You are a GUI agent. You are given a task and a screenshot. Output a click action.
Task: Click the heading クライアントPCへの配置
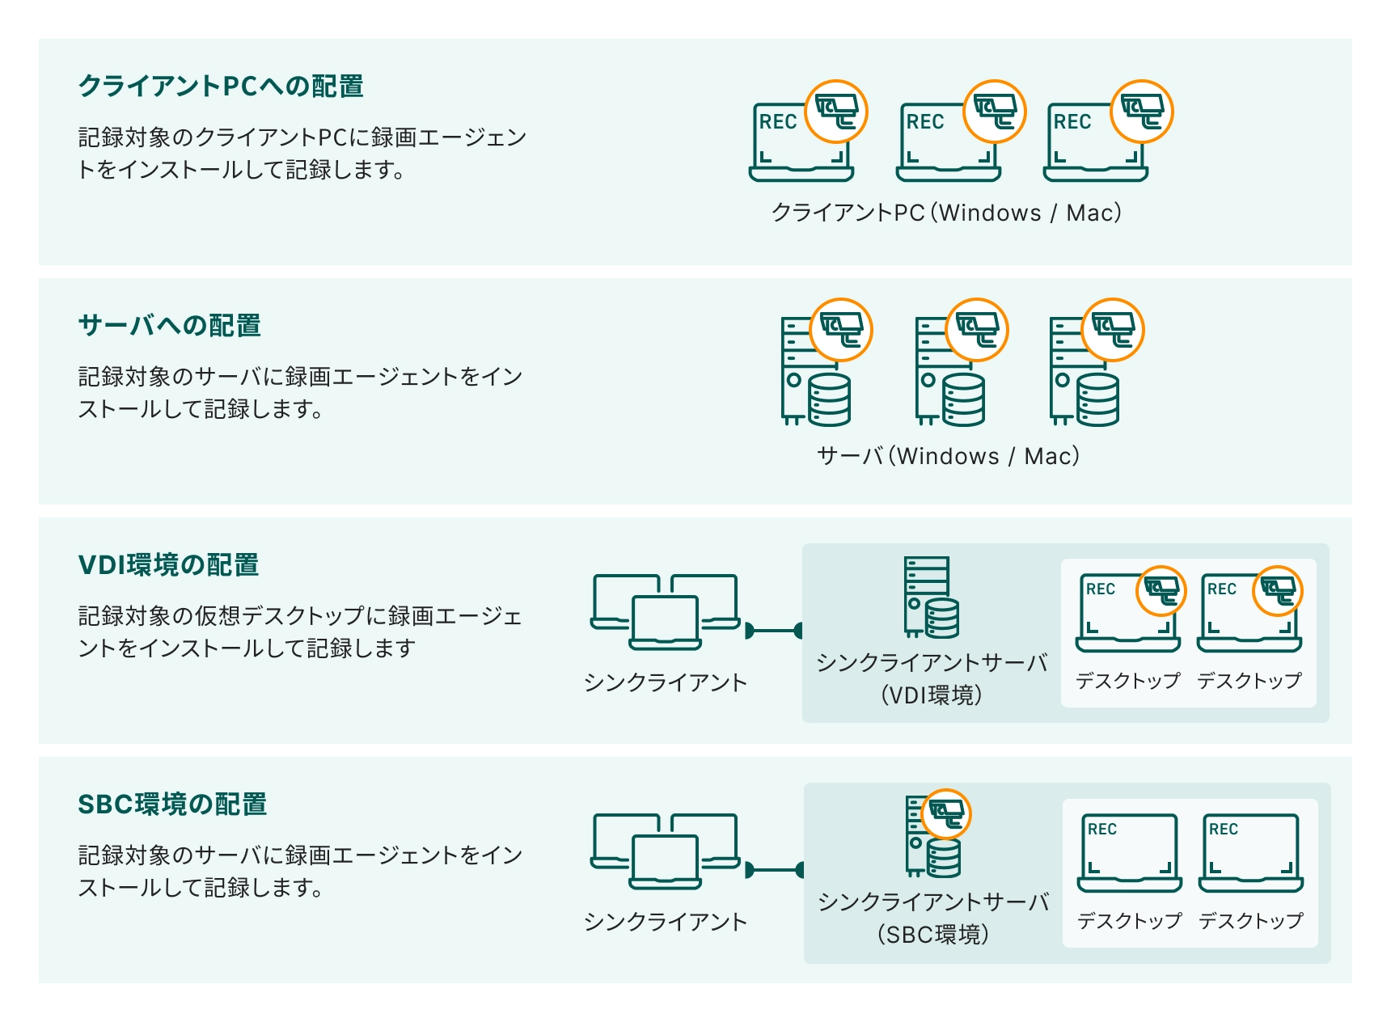[221, 86]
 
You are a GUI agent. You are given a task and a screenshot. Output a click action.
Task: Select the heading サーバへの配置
[170, 325]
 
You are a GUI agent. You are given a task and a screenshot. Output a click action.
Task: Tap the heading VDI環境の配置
[168, 564]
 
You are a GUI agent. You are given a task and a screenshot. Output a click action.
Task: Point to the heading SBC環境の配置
[172, 804]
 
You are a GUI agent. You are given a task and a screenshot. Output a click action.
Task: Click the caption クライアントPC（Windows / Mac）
[946, 213]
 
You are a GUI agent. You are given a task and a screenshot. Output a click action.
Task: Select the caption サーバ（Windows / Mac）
[948, 456]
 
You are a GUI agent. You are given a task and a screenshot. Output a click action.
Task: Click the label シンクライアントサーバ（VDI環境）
[932, 678]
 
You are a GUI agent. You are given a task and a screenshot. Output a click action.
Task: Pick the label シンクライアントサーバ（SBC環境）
[933, 918]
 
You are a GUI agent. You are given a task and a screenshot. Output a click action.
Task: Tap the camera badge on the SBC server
[945, 813]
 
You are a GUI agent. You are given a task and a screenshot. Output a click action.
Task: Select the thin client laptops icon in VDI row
[665, 612]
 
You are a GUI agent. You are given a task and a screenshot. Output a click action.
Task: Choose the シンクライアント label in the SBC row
[665, 921]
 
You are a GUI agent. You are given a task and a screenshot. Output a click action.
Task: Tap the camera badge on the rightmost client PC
[1141, 112]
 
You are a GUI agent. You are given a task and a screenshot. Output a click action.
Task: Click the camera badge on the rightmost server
[1113, 330]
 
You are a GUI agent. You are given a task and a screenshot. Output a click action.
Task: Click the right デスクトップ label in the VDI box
[1249, 680]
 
